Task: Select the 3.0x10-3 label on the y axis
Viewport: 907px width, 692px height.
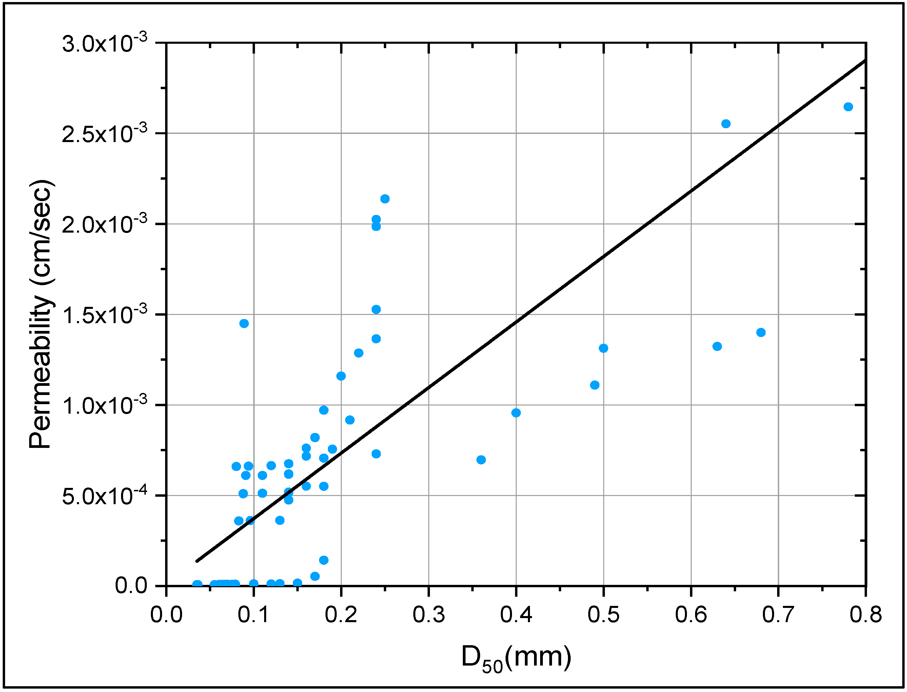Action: (x=104, y=44)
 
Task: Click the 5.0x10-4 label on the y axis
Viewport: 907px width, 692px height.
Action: (x=104, y=496)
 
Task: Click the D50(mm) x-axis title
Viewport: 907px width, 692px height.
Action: (x=516, y=658)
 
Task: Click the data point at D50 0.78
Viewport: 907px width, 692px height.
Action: (x=848, y=107)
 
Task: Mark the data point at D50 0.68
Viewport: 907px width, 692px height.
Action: (x=761, y=332)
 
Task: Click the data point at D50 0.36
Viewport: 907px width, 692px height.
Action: (x=481, y=460)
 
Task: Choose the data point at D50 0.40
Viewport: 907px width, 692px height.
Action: (x=516, y=413)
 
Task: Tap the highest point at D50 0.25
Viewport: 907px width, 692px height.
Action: (x=385, y=199)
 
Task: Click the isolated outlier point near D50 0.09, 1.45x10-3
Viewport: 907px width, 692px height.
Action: (x=244, y=323)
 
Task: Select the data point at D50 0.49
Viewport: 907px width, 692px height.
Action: (x=595, y=385)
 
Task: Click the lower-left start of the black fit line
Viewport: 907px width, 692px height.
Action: (x=197, y=560)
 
